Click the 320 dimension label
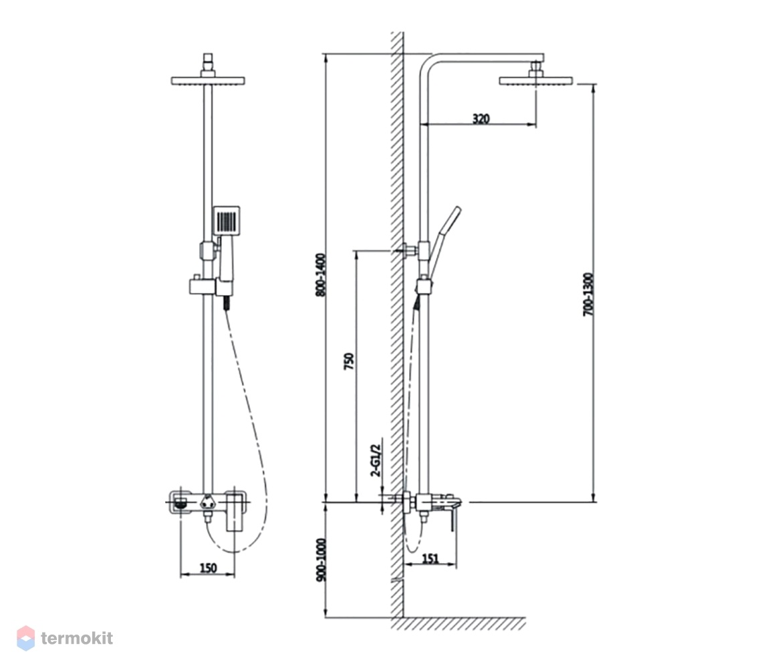[x=481, y=118]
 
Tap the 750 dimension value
[x=349, y=361]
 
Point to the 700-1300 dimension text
[x=588, y=295]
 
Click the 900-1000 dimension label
[x=321, y=560]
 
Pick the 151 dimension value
[x=430, y=558]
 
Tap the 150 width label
[x=209, y=568]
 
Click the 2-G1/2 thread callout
[x=376, y=460]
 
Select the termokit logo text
[x=77, y=638]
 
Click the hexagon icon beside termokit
[x=26, y=638]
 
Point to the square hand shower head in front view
[x=227, y=219]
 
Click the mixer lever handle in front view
[x=235, y=513]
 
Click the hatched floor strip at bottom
[x=459, y=623]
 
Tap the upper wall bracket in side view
[x=410, y=250]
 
